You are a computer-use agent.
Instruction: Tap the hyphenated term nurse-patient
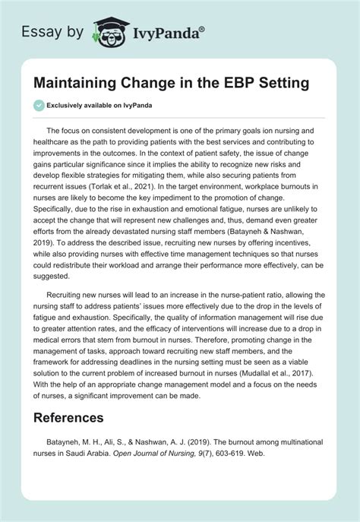point(245,293)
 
